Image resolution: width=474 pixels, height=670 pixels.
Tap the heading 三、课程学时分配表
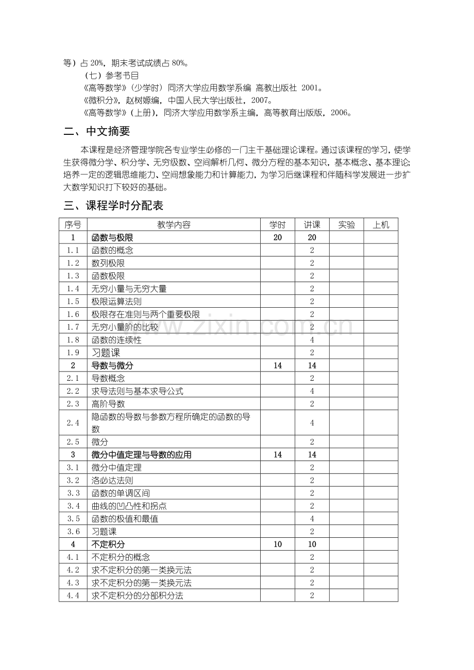coord(113,206)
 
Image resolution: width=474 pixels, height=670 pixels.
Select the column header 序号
coord(73,225)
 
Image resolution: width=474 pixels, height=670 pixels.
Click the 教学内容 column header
coord(174,225)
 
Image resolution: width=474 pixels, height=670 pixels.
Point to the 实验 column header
coord(346,225)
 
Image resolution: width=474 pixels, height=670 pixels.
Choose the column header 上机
coord(381,225)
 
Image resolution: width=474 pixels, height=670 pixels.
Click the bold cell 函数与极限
coord(112,238)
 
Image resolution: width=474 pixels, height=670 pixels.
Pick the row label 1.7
coord(73,327)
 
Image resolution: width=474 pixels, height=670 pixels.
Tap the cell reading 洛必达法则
coord(112,481)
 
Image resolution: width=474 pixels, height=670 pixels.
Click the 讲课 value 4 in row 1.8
coord(312,340)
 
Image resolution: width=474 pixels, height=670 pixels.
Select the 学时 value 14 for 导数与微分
coord(278,366)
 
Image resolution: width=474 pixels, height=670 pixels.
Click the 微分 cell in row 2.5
coord(99,442)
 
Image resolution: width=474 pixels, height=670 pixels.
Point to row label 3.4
coord(73,506)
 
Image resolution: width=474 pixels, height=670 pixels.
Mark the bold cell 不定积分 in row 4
coord(108,544)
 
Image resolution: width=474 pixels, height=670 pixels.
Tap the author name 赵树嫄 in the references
coord(142,100)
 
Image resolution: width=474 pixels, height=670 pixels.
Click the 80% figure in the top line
coord(179,64)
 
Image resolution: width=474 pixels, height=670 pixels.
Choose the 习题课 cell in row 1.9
coord(106,353)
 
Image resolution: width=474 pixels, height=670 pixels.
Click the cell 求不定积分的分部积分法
coord(137,596)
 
